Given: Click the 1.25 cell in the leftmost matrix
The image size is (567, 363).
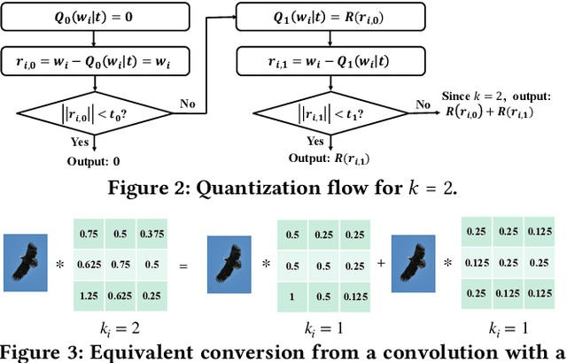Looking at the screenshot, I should (88, 293).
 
